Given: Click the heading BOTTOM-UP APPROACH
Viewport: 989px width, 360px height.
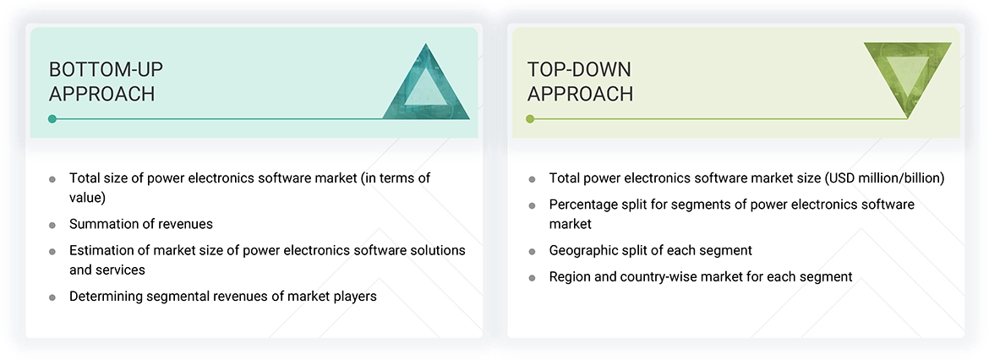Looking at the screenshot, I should tap(102, 82).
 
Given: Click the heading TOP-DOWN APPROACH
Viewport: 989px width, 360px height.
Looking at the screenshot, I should tap(580, 82).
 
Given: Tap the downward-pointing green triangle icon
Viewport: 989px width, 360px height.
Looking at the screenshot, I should tap(907, 79).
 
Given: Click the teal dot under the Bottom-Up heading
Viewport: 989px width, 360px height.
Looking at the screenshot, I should tap(52, 119).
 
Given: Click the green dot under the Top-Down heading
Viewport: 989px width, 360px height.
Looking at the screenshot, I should tap(530, 119).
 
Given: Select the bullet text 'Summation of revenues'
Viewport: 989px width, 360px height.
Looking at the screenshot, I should tap(141, 224).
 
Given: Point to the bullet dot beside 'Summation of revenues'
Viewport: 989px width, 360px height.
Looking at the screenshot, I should tap(52, 226).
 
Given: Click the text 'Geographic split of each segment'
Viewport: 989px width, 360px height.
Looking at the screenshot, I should tap(650, 250).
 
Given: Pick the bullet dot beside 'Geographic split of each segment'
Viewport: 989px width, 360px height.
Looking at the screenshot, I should tap(532, 252).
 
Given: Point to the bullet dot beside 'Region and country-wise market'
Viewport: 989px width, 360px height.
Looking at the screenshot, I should tap(532, 278).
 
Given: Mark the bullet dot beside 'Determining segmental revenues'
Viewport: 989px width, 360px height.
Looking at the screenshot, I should tap(52, 297).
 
